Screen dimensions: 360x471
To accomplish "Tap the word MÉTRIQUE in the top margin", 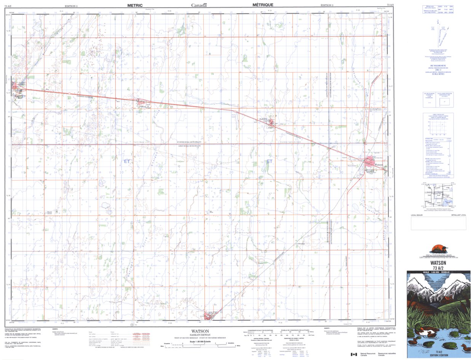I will (x=262, y=5).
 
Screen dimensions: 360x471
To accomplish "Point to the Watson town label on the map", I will (x=379, y=165).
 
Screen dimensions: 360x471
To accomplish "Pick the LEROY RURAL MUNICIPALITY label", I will (x=189, y=146).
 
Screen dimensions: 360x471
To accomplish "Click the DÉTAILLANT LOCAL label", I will (x=458, y=215).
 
